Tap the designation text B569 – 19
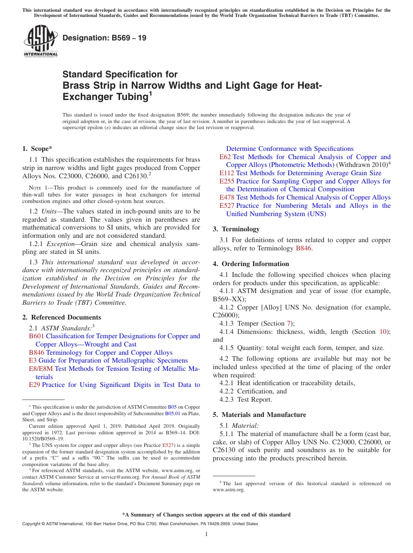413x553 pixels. [104, 38]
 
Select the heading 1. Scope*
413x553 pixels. [37, 148]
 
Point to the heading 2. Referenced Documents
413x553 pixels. [62, 317]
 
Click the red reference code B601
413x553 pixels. [37, 336]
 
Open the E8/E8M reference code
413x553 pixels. [41, 369]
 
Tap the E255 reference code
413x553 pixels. [226, 181]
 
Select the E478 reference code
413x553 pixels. [226, 197]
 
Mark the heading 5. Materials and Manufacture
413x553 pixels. [259, 415]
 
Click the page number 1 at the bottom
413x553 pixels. [206, 534]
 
